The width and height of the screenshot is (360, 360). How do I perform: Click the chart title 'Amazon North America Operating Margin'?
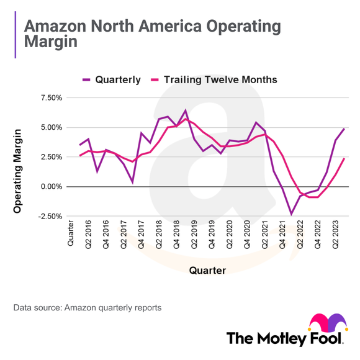coord(151,35)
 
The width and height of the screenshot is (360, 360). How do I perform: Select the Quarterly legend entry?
coord(112,79)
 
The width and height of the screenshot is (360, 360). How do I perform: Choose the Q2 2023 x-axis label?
coord(336,235)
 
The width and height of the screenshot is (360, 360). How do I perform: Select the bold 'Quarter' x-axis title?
coord(207,270)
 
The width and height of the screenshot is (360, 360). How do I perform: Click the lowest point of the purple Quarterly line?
coord(291,214)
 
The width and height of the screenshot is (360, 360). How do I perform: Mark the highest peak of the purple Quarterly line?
coord(185,110)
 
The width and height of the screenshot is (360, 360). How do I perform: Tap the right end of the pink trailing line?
coord(344,158)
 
